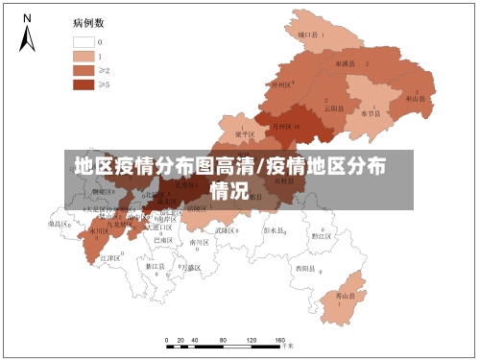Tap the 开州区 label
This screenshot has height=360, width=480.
point(280,84)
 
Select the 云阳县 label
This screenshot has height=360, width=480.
point(333,108)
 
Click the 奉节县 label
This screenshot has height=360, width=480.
point(371,112)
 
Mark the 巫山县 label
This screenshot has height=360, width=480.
point(415,98)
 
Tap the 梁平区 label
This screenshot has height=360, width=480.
point(244,134)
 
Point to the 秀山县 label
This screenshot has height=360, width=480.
point(346,297)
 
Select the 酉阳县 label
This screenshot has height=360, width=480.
point(306,268)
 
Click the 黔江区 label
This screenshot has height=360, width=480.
point(321,235)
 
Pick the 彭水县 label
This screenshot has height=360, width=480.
point(276,230)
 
